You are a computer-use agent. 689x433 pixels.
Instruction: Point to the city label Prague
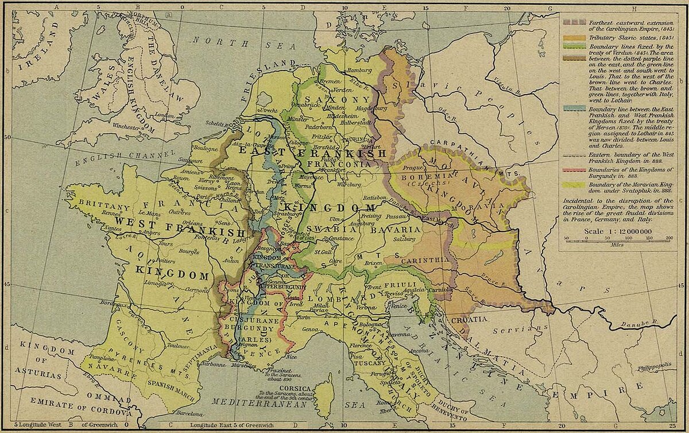coord(413,169)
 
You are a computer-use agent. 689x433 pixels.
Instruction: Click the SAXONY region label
coord(331,99)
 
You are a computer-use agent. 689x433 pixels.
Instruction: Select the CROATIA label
coord(470,319)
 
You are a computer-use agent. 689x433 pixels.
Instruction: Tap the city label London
coord(165,115)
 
